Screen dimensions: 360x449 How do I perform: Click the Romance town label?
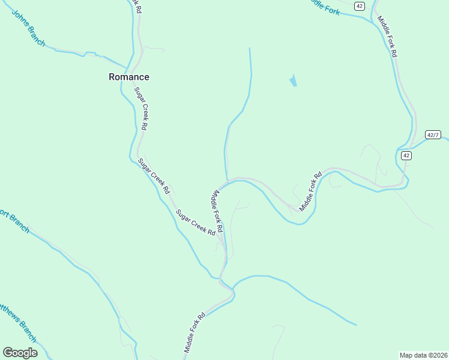pos(128,77)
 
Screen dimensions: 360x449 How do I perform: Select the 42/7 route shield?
pos(433,134)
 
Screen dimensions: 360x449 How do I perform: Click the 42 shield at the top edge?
pos(359,5)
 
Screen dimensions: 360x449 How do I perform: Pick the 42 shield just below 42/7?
pos(406,155)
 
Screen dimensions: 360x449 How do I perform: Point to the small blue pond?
pos(293,80)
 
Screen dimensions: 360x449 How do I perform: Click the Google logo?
pos(20,352)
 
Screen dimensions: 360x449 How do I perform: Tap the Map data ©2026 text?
pos(423,355)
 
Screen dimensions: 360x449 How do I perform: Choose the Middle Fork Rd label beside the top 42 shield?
pos(387,35)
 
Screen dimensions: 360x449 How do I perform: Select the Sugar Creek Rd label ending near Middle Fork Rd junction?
pos(195,221)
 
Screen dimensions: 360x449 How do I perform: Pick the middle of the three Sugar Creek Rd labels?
pos(154,175)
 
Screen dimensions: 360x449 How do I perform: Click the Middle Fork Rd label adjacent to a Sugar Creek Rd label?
pos(217,211)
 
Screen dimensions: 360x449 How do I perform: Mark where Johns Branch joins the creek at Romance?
pos(128,67)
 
